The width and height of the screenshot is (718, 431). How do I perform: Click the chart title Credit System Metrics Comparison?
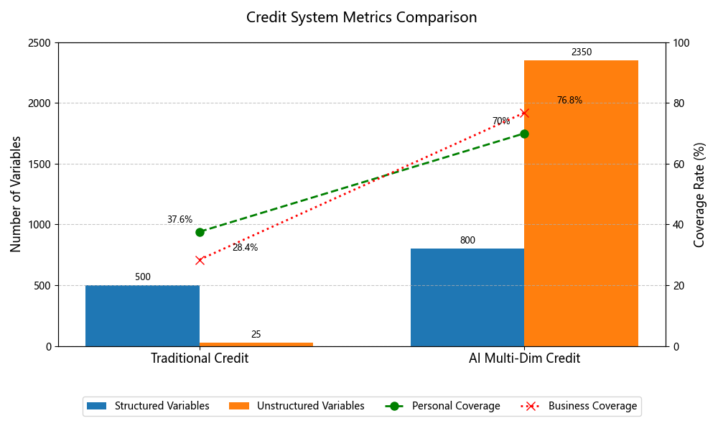point(361,17)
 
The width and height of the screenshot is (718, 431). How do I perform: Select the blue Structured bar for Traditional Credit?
point(142,315)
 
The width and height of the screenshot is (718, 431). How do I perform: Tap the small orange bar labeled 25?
point(256,344)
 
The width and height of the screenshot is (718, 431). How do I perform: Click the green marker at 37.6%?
point(200,232)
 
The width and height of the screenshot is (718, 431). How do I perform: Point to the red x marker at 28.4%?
point(200,260)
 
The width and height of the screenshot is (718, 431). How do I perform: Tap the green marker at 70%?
point(524,134)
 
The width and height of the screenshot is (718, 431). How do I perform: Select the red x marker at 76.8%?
point(524,113)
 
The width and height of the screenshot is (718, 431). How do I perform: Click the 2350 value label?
point(582,52)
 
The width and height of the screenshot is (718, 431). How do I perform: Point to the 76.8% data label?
point(569,101)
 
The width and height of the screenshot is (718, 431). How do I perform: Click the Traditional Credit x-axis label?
point(200,358)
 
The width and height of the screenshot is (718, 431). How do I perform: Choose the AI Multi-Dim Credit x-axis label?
point(524,358)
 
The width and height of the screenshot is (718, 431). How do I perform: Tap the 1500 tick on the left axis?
point(39,164)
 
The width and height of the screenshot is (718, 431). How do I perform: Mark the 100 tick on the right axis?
point(679,43)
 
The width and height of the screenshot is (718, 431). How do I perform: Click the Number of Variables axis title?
point(16,194)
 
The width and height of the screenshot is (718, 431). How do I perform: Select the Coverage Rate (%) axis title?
point(699,194)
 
